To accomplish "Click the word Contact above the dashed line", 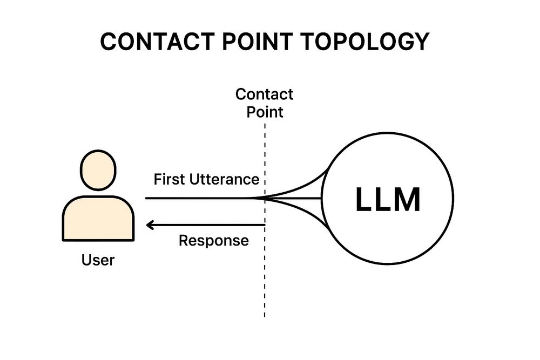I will click(265, 94).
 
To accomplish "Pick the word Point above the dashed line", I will click(265, 112).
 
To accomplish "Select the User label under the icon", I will click(98, 260).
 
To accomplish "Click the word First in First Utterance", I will click(167, 179).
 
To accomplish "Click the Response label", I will click(214, 241).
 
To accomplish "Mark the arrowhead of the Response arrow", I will click(150, 225).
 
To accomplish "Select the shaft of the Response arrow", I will click(211, 225).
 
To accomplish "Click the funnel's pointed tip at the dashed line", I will click(259, 198).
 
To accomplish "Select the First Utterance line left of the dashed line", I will click(200, 198).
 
